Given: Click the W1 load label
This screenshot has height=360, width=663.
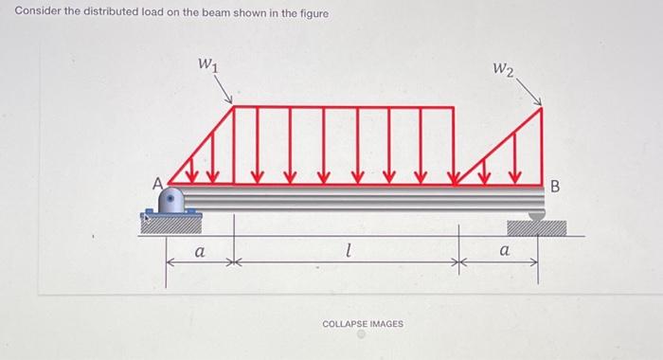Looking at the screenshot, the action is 206,65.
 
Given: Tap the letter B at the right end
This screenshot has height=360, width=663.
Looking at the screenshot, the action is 556,184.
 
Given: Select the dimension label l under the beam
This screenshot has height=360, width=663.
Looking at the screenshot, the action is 349,251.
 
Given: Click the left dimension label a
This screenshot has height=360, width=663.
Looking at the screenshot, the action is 198,252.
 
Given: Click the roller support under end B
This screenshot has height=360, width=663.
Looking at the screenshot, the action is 536,216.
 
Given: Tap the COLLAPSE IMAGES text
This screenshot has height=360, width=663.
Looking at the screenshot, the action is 363,324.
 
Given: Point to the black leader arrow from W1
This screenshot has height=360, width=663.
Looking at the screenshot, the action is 225,92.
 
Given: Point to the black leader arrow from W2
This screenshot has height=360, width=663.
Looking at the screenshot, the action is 531,93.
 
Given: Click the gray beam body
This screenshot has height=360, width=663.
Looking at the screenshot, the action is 360,198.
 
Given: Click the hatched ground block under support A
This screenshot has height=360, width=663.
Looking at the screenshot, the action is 170,223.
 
